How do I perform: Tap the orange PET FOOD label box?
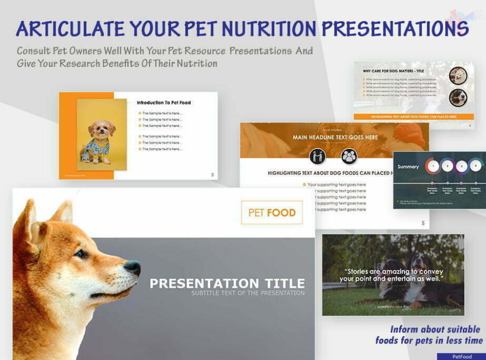pos(272,213)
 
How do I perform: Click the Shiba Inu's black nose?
pos(133,267)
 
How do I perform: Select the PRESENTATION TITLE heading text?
pos(227,283)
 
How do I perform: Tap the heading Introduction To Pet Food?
pos(163,103)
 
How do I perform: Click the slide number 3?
pos(212,174)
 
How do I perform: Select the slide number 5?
pos(423,223)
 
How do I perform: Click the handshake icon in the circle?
pos(318,157)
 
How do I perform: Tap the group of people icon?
pos(349,157)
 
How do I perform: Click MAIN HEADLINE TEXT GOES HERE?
pos(335,137)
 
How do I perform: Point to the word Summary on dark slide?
pos(408,167)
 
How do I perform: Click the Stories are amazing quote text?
pos(393,275)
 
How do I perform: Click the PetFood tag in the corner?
pos(461,356)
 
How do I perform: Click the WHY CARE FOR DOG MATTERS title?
pos(393,71)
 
